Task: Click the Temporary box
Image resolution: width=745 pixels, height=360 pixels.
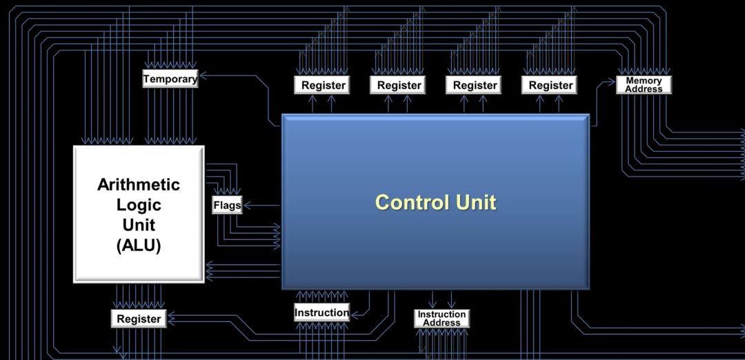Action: (x=170, y=79)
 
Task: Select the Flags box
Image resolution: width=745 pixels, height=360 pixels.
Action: (x=227, y=206)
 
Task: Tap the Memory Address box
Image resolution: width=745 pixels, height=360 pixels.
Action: (x=644, y=85)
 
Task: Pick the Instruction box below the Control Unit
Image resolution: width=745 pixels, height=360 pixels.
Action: (x=321, y=312)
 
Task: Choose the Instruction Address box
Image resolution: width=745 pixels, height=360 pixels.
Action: (x=441, y=318)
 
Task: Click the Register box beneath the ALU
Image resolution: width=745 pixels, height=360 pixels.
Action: (x=139, y=319)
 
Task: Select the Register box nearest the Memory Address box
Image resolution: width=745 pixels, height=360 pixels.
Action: (x=550, y=86)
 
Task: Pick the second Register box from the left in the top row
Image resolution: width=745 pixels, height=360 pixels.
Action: (x=399, y=86)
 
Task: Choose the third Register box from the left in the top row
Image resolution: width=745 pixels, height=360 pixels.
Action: (x=475, y=86)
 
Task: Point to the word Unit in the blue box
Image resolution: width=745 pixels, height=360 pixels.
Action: (x=475, y=202)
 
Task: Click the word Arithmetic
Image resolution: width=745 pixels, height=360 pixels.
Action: (x=139, y=184)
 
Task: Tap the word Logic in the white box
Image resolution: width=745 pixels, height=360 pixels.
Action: (x=139, y=205)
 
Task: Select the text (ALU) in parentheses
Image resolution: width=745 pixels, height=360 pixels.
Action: (x=139, y=245)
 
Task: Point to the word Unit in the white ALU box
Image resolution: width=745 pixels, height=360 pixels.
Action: (x=139, y=225)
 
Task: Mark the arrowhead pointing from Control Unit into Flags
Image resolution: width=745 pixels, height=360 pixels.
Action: (x=246, y=206)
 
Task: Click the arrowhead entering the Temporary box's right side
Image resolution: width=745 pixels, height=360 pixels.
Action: (x=202, y=75)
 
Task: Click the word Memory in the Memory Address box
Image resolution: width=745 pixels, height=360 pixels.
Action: (x=644, y=81)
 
